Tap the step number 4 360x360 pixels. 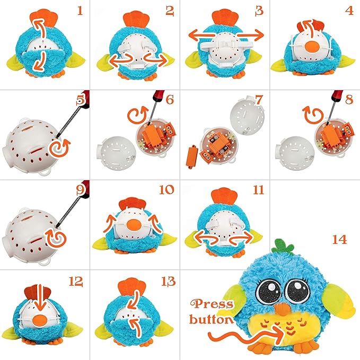click(348, 10)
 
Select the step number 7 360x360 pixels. click(258, 100)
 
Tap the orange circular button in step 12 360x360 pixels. click(41, 321)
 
